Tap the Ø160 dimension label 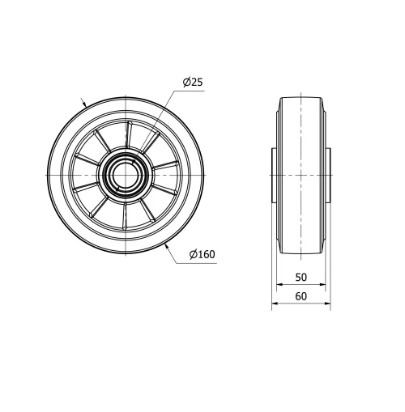[x=201, y=255]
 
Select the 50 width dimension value [x=301, y=277]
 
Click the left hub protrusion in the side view [x=273, y=176]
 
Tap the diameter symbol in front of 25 [x=185, y=83]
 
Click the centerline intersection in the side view [x=301, y=176]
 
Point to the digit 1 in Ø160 [x=198, y=255]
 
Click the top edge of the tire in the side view [x=301, y=97]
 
